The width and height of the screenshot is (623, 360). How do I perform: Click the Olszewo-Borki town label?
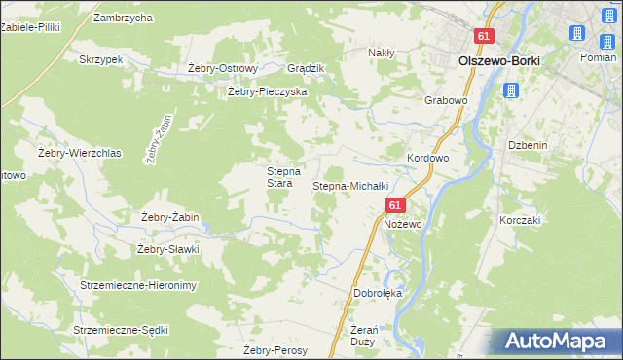click(498, 59)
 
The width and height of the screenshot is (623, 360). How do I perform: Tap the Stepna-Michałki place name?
click(350, 185)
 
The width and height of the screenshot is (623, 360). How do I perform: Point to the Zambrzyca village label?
click(123, 18)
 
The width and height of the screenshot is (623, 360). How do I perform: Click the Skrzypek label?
click(102, 59)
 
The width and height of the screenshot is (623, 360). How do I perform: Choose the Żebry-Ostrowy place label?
click(223, 68)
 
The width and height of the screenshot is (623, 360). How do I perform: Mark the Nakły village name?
click(380, 53)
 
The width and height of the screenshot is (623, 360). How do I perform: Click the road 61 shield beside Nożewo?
click(394, 206)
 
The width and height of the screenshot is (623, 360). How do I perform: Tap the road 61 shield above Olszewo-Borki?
click(486, 36)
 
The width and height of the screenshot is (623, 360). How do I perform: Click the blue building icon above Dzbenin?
click(511, 91)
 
